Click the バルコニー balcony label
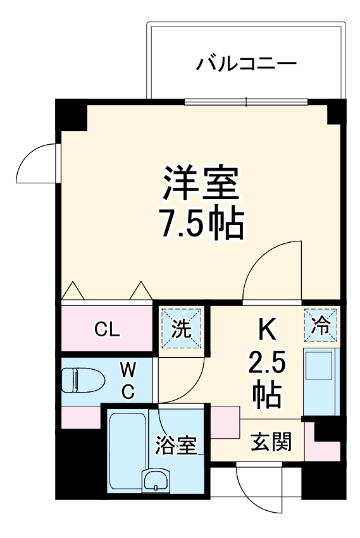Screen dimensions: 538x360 [246, 63]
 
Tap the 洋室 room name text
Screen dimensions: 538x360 [201, 183]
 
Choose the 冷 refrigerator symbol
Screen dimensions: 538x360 [321, 326]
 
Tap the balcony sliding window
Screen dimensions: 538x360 [246, 101]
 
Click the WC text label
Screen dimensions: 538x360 [128, 379]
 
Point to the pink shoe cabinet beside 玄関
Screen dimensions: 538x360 [225, 422]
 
